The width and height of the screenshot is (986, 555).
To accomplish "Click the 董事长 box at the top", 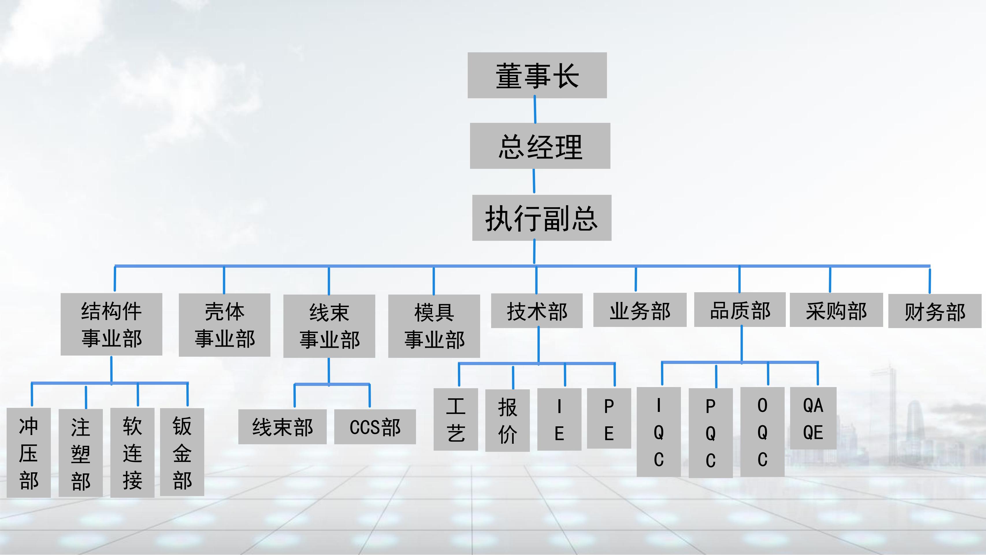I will tap(537, 75).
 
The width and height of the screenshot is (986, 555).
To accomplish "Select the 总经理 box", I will tap(540, 146).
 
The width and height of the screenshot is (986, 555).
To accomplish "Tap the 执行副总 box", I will tap(542, 218).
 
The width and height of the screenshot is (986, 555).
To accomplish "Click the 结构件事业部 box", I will tap(112, 324).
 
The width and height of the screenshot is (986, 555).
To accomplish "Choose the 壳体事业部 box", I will tap(224, 325).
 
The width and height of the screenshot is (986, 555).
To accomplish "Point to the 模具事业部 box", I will tap(434, 326).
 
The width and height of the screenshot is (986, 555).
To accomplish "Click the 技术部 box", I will tap(537, 311).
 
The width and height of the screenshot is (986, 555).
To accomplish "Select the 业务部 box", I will tap(640, 310).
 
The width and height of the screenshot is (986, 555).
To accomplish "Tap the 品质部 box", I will tap(740, 310).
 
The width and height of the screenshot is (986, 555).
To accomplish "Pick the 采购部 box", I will tap(836, 310).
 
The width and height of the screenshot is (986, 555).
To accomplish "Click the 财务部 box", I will tap(935, 311).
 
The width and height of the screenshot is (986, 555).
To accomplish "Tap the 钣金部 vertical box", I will tap(182, 452).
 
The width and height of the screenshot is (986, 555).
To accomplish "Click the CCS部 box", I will tap(375, 427).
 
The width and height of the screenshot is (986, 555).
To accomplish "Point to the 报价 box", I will tap(507, 421).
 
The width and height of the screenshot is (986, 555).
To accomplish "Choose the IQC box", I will tap(658, 432).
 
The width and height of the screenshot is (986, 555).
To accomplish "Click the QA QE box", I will tap(813, 418).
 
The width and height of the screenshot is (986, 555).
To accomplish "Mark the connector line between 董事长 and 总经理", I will tap(535, 110).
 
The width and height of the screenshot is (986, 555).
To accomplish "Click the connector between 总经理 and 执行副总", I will tap(534, 182).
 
